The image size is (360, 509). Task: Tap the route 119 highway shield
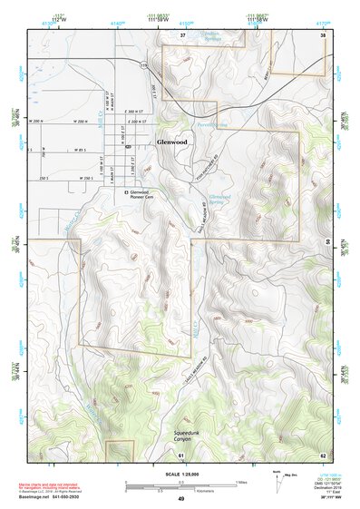[x=143, y=66]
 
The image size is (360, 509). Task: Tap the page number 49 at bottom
[x=180, y=499]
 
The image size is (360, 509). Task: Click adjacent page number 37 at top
[x=182, y=34]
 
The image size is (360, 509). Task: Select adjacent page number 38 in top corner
[x=322, y=34]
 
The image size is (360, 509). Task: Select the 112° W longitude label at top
[x=60, y=18]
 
